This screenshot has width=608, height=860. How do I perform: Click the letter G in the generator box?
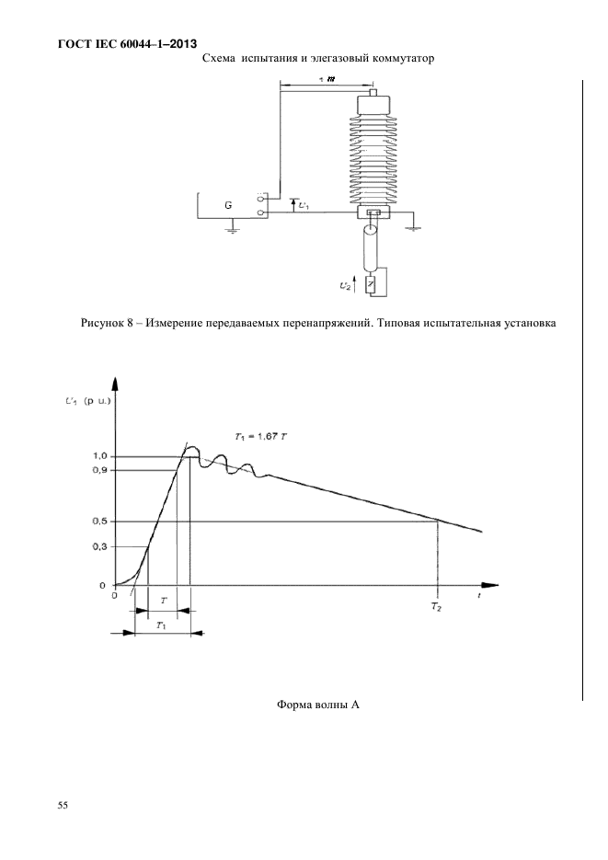coord(227,205)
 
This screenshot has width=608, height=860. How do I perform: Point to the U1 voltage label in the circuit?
coord(303,205)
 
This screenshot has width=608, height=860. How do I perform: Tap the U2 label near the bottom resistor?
coord(347,287)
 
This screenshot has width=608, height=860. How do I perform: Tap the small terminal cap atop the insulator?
coord(373,93)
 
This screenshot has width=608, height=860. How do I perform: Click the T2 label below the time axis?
coord(436,608)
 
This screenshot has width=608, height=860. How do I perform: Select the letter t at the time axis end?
coord(480,597)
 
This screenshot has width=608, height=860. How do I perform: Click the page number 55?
coord(63,806)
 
